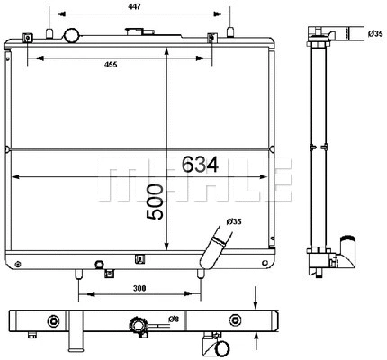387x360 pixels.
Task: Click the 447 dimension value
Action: coord(133,8)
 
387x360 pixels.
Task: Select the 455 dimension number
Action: coord(110,64)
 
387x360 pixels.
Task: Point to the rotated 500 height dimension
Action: coord(154,205)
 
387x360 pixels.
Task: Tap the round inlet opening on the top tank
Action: coord(71,35)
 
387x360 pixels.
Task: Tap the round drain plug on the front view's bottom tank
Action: coord(100,265)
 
